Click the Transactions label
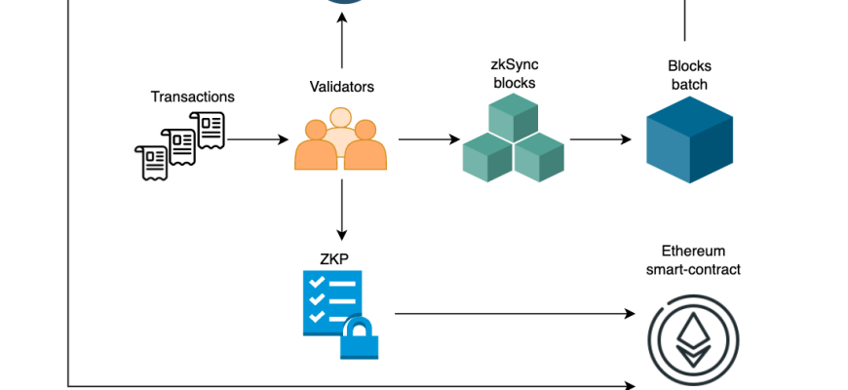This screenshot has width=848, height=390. coord(192,97)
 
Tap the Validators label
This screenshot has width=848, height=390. coord(340,87)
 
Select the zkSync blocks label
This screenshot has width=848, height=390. coord(514,74)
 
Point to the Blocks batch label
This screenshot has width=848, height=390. coord(689,75)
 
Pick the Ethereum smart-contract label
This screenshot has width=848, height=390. coord(692,259)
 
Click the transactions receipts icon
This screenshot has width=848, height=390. coord(180,144)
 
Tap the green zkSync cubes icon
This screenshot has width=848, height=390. coord(514,142)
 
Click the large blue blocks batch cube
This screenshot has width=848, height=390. coord(689,140)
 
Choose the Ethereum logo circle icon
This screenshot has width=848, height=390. coord(692,338)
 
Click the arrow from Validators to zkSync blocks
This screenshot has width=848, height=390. coord(429,139)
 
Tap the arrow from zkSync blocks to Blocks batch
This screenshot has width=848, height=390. coord(599,139)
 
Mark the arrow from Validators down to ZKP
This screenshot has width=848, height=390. coord(341,210)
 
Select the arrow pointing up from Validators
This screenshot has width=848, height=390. coord(341,44)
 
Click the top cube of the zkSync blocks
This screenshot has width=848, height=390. coord(514,119)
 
